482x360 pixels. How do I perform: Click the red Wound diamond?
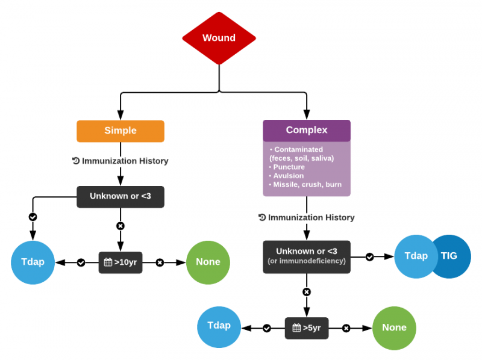pos(219,38)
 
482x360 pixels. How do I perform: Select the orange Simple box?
pos(120,131)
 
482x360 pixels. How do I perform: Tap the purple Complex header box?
pos(307,130)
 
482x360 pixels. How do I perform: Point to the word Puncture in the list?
pos(289,167)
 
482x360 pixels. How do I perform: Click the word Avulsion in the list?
pos(288,176)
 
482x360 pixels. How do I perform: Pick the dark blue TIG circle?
pos(451,256)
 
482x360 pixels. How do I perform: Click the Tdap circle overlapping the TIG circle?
pos(415,256)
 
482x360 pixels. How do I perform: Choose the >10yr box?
pos(120,262)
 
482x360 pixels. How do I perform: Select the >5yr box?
pos(307,328)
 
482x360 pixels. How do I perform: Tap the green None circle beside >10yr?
pos(208,262)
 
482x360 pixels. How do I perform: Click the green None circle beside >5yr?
pos(394,327)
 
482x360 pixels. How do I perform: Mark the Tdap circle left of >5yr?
pos(219,326)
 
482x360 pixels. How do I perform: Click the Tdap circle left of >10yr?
pos(33,262)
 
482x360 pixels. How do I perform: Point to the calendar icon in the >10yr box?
pos(108,262)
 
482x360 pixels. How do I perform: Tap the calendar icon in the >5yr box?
pos(296,328)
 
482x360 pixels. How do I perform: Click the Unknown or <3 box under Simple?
pos(120,196)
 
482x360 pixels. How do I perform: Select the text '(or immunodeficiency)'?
pos(307,261)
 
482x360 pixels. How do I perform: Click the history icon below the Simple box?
pos(76,161)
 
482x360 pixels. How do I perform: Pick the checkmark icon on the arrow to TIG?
pos(370,256)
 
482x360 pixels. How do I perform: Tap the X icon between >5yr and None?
pos(346,328)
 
